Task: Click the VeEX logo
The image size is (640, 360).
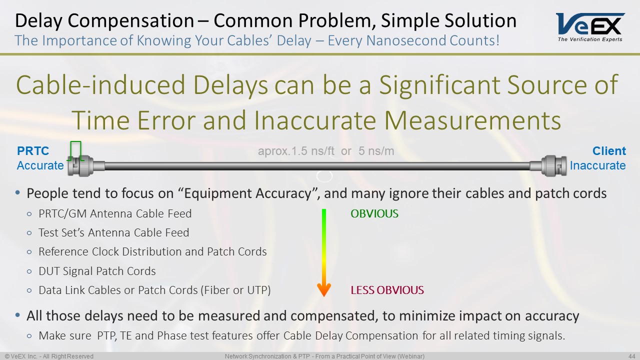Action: coord(590,26)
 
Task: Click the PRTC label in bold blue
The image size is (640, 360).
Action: coord(33,151)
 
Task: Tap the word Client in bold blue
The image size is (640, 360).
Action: coord(609,151)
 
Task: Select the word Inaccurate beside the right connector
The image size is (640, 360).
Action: coord(597,165)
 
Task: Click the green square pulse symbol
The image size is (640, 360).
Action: coord(75,150)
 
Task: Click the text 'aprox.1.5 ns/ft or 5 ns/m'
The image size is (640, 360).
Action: coord(326,151)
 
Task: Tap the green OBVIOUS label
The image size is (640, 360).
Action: coord(374,214)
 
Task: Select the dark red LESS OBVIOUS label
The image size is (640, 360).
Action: coord(387,290)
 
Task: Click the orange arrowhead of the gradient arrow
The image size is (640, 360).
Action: coord(324,289)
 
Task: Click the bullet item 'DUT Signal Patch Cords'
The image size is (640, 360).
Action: coord(97,271)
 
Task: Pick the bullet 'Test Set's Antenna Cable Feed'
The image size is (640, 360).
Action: coord(113,233)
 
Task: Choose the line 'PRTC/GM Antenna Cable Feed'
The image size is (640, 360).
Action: coord(115,214)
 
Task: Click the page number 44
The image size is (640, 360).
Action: coord(631,356)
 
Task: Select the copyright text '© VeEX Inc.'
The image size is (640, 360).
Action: coord(22,356)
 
